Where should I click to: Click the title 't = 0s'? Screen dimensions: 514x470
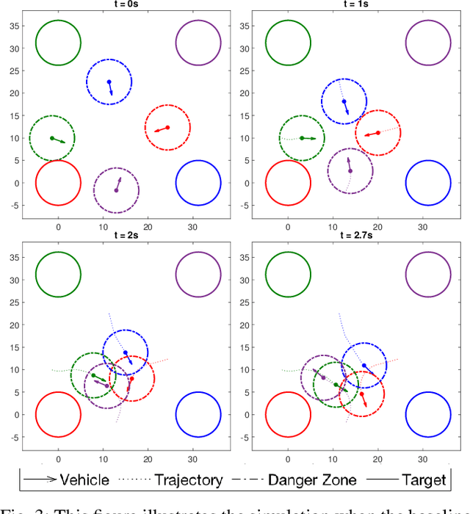[126, 4]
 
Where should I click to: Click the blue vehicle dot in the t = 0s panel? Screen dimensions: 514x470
[109, 82]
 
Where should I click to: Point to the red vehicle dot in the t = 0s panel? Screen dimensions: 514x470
[167, 128]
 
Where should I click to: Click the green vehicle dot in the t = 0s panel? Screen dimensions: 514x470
[51, 138]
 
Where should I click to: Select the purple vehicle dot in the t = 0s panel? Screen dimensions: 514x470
[116, 191]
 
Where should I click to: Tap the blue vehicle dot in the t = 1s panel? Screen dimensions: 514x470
[343, 101]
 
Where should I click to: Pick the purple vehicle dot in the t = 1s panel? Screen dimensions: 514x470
[350, 171]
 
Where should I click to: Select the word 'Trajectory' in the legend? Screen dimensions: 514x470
[188, 480]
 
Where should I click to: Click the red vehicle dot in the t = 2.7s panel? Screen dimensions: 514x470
[361, 394]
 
